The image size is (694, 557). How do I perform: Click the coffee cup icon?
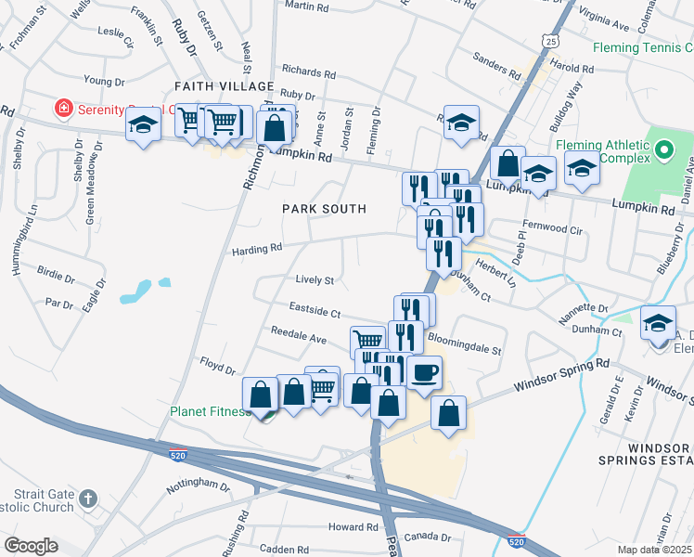(424, 372)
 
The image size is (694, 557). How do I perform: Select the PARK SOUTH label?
(325, 209)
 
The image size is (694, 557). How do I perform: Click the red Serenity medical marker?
(63, 109)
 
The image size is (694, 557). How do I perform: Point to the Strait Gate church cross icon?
(88, 499)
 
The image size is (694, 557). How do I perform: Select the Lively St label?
(314, 279)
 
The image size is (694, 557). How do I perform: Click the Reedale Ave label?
(299, 331)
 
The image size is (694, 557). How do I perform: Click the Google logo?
(31, 546)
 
